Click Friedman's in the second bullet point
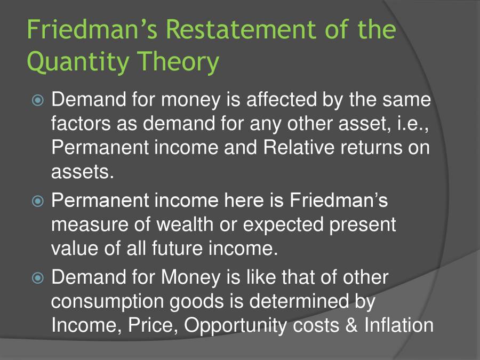[339, 201]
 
